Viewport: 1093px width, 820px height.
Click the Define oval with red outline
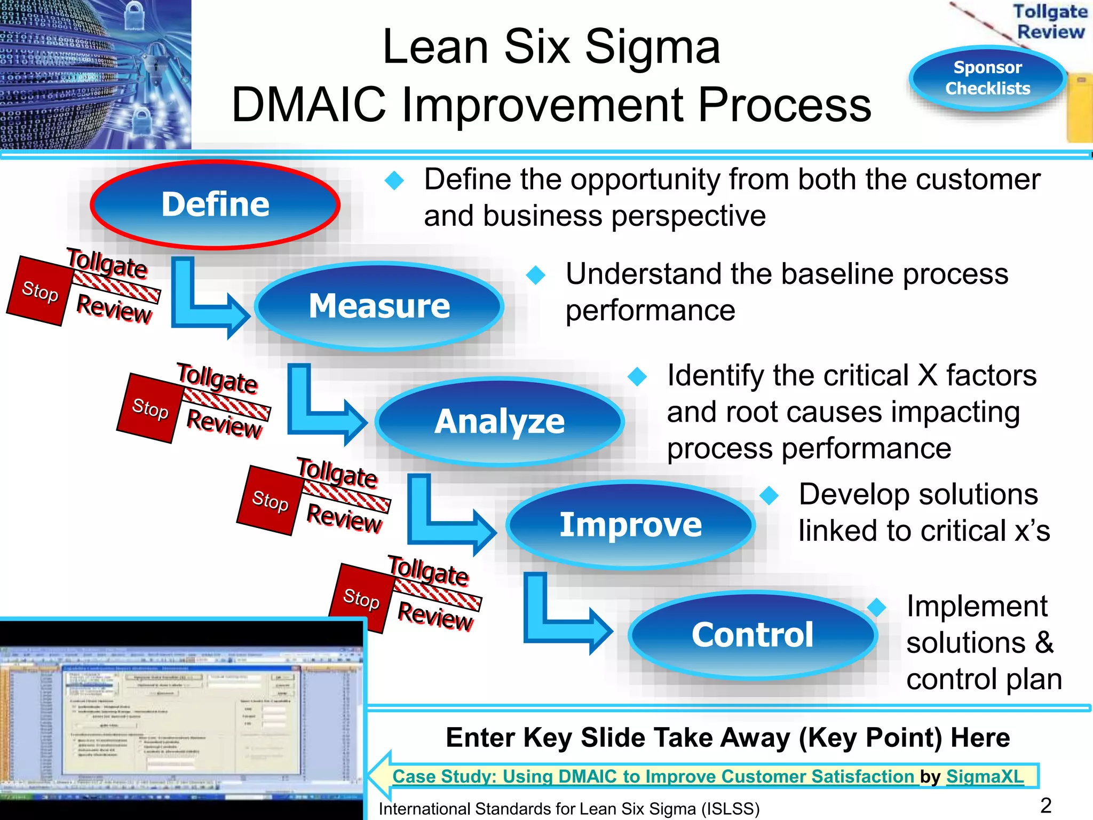pyautogui.click(x=215, y=204)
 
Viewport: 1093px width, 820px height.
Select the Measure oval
pyautogui.click(x=379, y=306)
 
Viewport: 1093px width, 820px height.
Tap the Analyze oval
pyautogui.click(x=500, y=421)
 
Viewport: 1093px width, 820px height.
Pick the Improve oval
pyautogui.click(x=630, y=524)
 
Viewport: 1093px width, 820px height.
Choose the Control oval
pyautogui.click(x=753, y=635)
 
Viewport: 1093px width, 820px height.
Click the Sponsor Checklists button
pyautogui.click(x=987, y=78)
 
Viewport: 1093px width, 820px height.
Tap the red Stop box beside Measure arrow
pyautogui.click(x=40, y=291)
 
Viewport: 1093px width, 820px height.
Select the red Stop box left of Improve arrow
pyautogui.click(x=270, y=500)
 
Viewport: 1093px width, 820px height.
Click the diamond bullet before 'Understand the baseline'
pyautogui.click(x=535, y=275)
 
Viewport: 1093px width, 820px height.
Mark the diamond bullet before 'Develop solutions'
pyautogui.click(x=769, y=495)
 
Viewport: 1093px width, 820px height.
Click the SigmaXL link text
pyautogui.click(x=985, y=776)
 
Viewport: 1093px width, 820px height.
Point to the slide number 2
pyautogui.click(x=1046, y=805)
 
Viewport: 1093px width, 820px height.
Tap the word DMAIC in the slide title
pyautogui.click(x=308, y=105)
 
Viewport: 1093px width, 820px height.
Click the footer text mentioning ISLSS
pyautogui.click(x=569, y=809)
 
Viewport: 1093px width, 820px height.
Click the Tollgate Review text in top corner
pyautogui.click(x=1050, y=21)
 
